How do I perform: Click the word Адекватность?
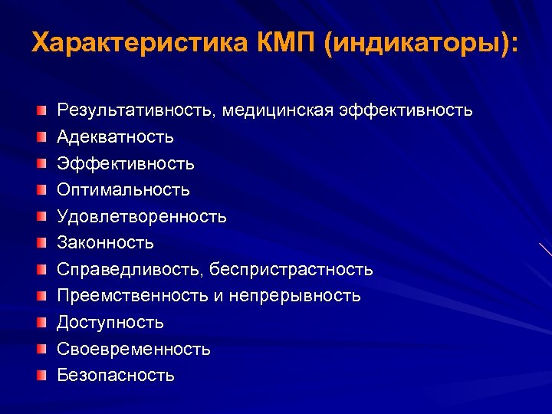116,137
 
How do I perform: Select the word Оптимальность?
123,189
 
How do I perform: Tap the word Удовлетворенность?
142,216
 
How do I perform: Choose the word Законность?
106,243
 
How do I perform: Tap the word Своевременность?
134,350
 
